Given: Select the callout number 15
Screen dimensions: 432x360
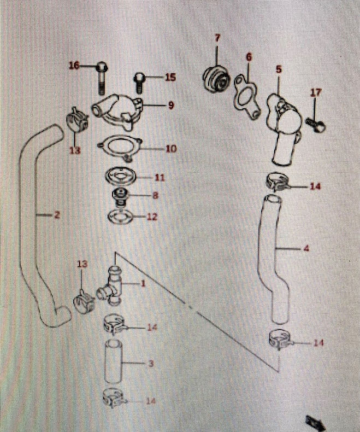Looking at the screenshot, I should tap(170, 77).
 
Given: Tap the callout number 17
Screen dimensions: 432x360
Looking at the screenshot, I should tap(316, 93).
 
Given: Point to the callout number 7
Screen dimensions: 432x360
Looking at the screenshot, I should tap(217, 38).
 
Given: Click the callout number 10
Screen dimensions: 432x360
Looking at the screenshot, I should tap(171, 148).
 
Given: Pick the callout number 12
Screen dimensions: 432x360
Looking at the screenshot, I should tap(152, 217).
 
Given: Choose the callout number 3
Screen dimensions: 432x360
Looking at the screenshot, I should tap(151, 363).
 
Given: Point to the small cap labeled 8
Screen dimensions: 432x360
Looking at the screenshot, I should tap(120, 195).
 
